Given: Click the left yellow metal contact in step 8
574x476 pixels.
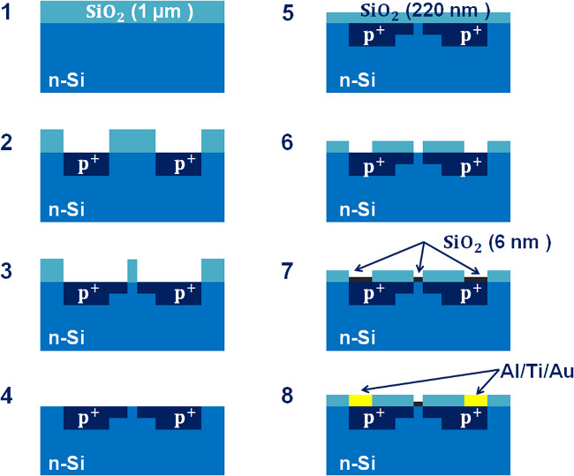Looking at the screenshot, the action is coord(360,401).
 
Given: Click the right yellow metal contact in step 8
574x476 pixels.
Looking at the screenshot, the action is coord(475,401).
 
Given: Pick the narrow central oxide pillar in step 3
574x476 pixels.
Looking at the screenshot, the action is coord(132,270).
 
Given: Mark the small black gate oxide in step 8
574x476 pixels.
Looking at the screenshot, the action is coord(419,404).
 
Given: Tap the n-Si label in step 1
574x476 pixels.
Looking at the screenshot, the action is coord(64,85).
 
